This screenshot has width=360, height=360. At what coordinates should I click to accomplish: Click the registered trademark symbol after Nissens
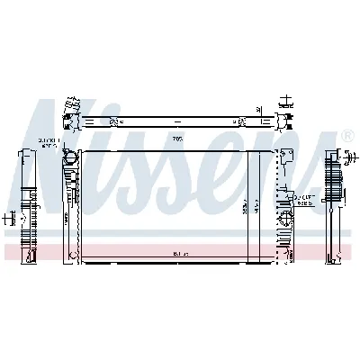coord(347,135)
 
